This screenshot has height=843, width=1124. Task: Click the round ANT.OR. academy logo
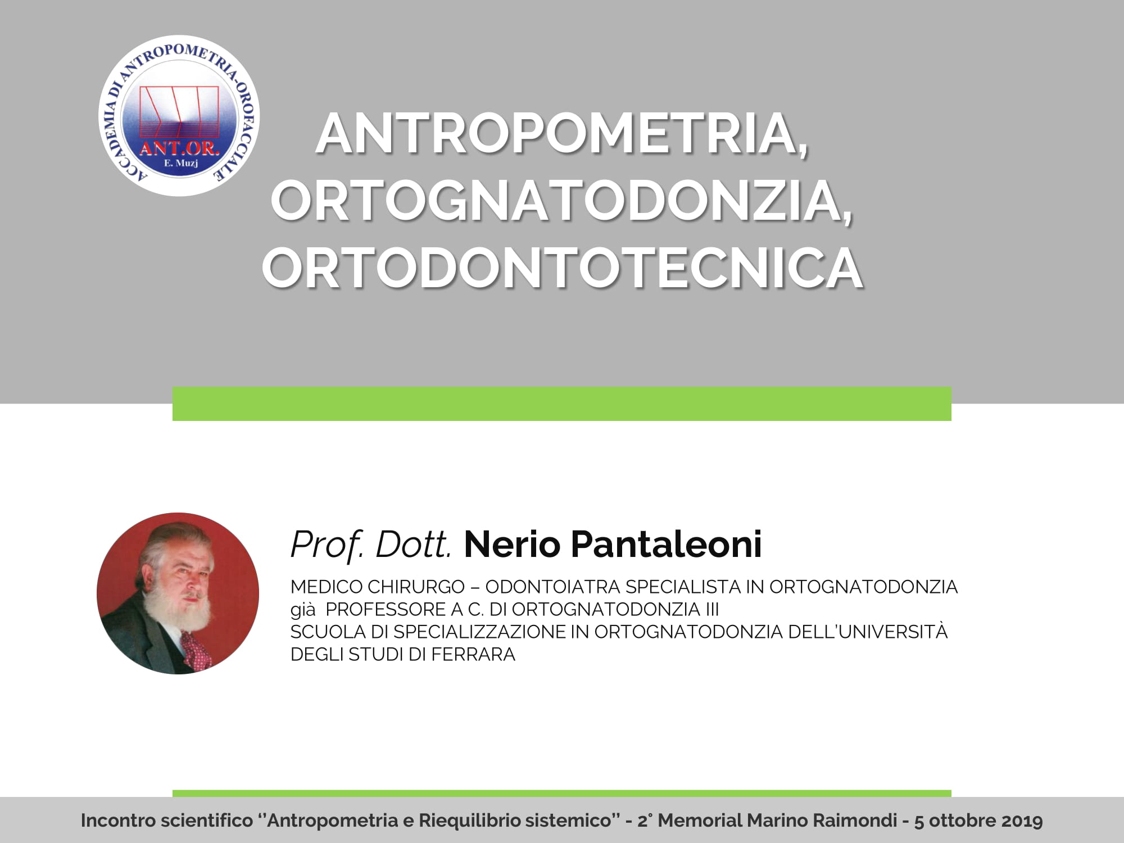179,116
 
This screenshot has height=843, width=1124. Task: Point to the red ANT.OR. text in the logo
179,148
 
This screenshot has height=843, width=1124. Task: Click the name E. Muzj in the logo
180,164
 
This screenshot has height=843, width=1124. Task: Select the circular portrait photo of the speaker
178,593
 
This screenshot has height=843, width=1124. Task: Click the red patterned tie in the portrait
197,649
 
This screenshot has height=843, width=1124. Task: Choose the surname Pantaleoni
667,544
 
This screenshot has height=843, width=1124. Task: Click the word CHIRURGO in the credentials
416,587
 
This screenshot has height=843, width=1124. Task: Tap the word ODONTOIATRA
553,587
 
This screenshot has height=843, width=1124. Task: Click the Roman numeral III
713,609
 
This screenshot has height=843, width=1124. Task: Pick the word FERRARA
473,654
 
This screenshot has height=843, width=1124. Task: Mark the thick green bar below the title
562,404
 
